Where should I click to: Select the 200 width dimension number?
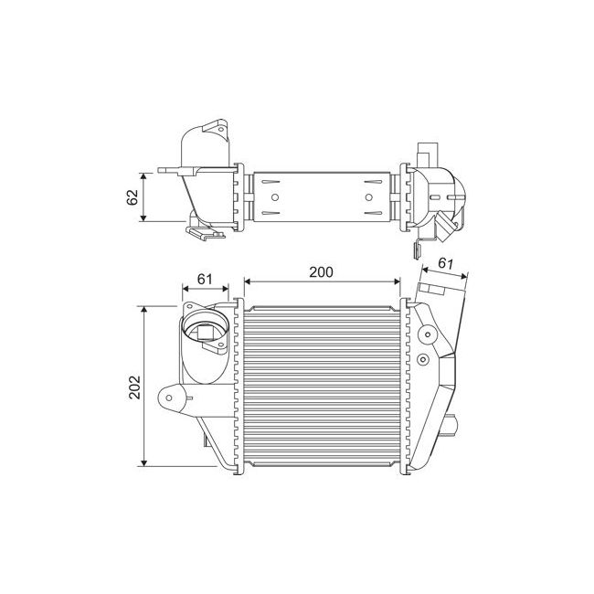[321, 271]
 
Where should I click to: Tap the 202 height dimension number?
[134, 387]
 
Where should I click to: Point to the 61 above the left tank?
[205, 279]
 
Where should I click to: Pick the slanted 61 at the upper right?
[447, 263]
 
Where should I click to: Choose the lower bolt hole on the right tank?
[422, 361]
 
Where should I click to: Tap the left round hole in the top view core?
[271, 196]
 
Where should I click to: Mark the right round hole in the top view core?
[368, 196]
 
